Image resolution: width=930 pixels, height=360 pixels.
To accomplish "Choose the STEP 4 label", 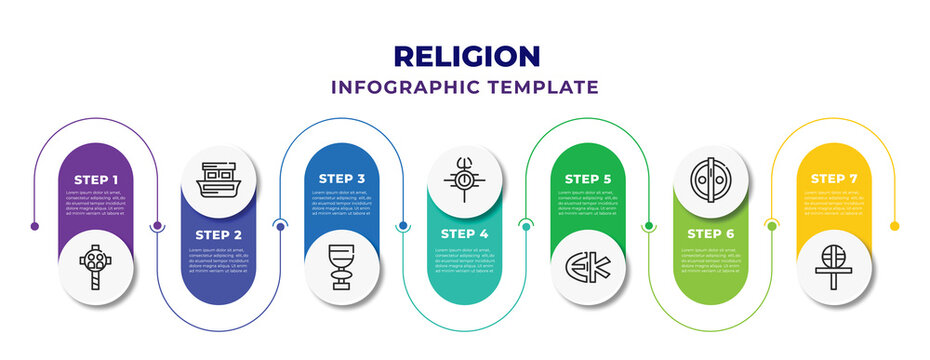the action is [x=465, y=234].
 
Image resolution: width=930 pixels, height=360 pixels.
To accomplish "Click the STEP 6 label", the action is [x=711, y=234].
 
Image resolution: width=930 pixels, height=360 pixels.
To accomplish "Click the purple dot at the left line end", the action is [x=35, y=226].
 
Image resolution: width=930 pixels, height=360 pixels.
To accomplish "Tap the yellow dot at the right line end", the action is [x=894, y=226].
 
